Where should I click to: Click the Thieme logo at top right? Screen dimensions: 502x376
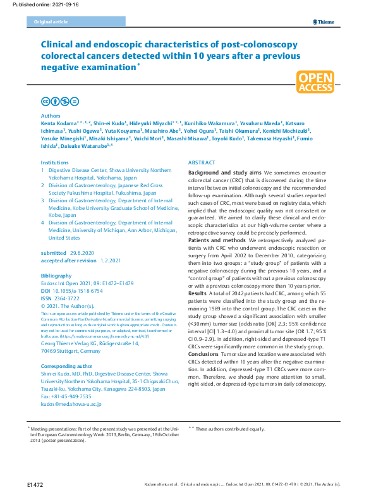point(323,22)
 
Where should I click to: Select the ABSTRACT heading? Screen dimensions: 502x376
point(202,163)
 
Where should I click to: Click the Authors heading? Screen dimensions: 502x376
point(51,116)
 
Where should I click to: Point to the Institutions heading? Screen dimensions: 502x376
point(55,163)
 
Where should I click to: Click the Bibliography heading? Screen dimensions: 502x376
point(56,276)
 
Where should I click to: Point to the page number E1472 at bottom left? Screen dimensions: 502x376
point(35,484)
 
